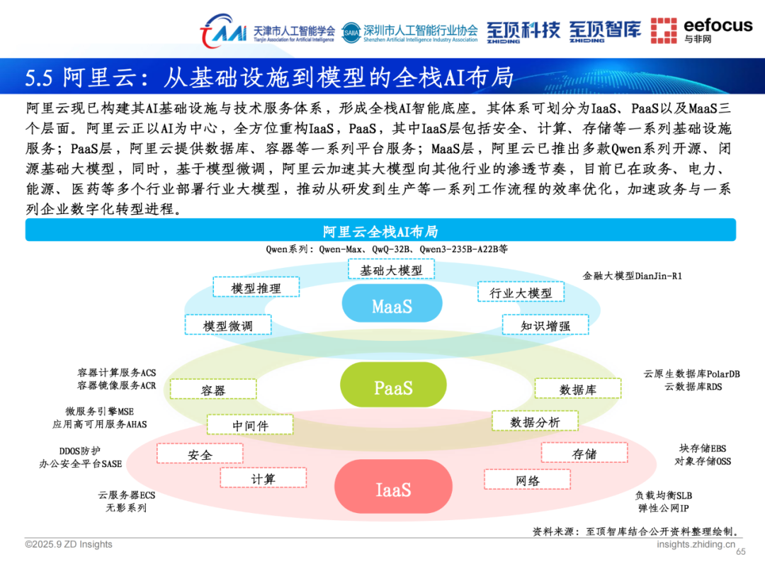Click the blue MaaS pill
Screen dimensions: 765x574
[x=392, y=306]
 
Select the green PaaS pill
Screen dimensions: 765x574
[x=393, y=388]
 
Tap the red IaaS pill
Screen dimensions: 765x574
[x=392, y=489]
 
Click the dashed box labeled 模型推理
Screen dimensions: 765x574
[x=256, y=287]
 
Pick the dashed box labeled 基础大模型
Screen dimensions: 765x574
[x=391, y=269]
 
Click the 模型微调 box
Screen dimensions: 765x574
[x=227, y=325]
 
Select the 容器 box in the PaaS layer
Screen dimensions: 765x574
[x=213, y=390]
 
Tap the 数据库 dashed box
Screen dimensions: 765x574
[x=577, y=388]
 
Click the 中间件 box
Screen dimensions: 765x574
[x=249, y=424]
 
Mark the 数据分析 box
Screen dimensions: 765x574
[x=535, y=421]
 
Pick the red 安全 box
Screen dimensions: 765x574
[x=200, y=454]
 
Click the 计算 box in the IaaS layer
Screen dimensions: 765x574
[x=263, y=478]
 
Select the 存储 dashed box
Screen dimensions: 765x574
[x=584, y=453]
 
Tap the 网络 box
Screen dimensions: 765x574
[x=528, y=480]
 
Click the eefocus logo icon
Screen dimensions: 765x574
[x=664, y=30]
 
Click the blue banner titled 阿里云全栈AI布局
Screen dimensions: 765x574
[x=380, y=230]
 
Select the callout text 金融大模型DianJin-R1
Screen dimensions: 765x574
[x=632, y=275]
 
